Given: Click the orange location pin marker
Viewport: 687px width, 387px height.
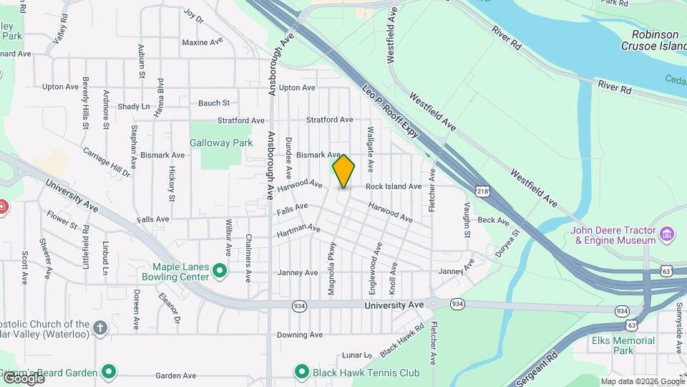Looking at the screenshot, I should point(343,171).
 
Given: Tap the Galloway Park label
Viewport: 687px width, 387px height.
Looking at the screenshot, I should point(221,143).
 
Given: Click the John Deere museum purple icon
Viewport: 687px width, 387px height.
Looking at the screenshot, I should point(667,234).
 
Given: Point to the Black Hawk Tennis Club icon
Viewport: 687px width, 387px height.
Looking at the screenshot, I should point(302,372).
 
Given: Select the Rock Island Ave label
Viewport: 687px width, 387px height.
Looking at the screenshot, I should point(393,186).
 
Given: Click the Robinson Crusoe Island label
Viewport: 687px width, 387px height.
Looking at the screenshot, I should point(655,40).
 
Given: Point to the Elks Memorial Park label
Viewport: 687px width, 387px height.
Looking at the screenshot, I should point(623,345).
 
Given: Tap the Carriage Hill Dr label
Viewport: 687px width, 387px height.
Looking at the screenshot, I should point(107,162).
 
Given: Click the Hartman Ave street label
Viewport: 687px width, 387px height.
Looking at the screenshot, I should point(298,230).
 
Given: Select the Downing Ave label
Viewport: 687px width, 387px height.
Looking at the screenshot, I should point(296,335).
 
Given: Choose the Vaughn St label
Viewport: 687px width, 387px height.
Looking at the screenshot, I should point(467,220).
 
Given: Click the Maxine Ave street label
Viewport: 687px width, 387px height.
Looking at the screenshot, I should point(203,42).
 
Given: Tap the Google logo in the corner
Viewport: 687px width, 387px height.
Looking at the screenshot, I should point(24,378).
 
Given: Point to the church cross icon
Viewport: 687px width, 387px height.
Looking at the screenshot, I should point(101,328).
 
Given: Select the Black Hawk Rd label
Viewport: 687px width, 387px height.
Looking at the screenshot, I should point(398,342).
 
